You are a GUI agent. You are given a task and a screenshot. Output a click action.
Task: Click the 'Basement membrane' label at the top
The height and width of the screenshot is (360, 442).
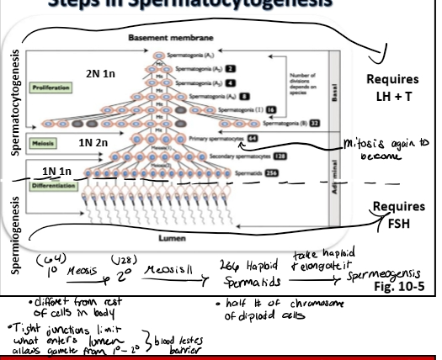click(x=159, y=37)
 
